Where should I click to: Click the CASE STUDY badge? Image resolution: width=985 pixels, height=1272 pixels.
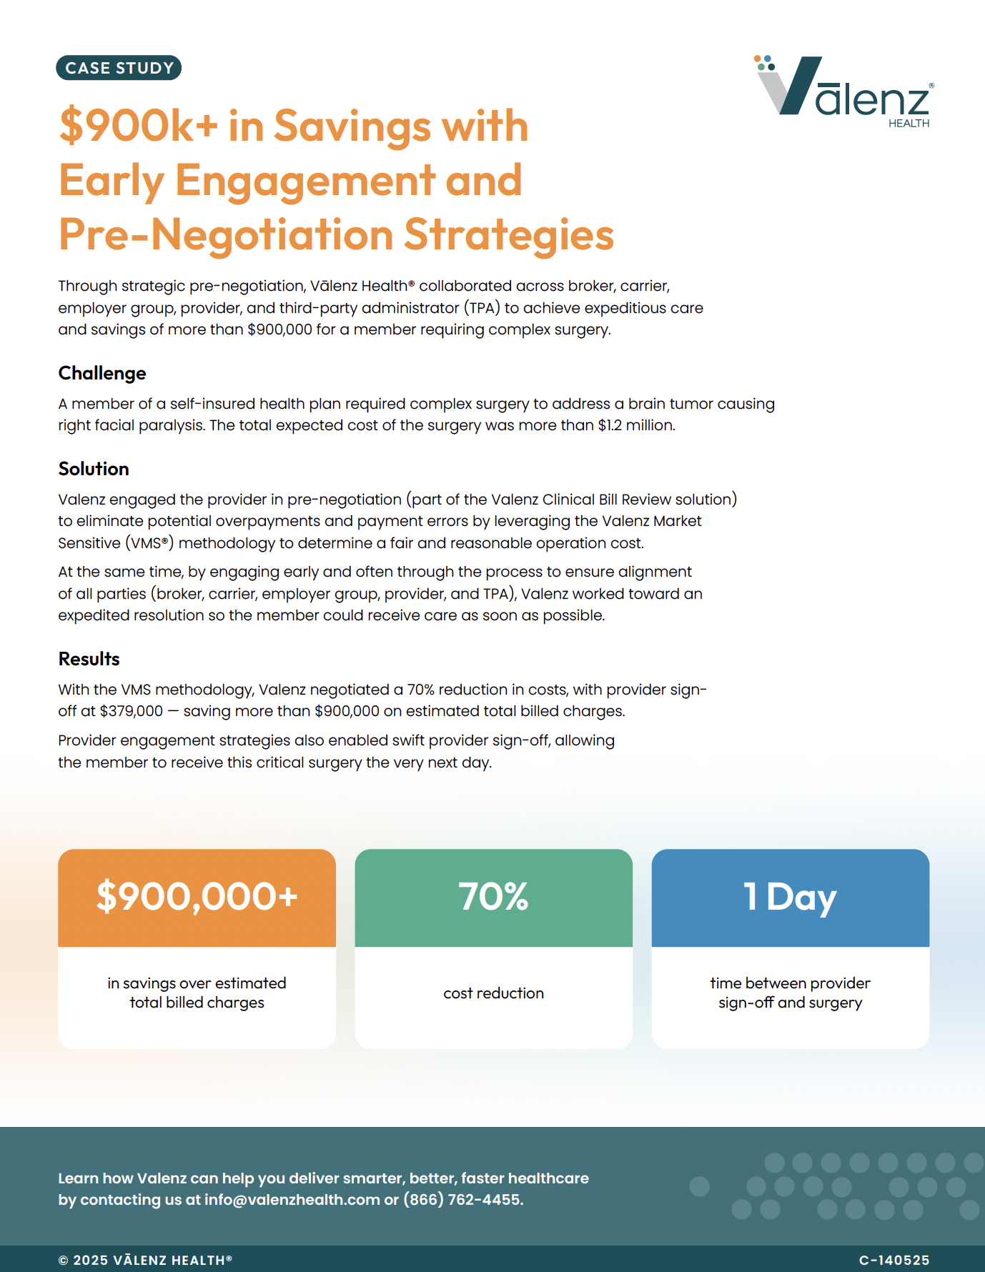[119, 68]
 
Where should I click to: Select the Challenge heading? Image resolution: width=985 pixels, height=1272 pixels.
[102, 373]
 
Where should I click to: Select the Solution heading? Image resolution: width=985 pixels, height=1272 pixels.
[94, 469]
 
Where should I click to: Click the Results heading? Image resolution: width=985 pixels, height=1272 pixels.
[89, 659]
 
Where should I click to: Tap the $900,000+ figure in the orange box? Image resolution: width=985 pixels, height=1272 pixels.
[197, 896]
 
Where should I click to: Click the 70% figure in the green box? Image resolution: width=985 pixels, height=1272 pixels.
[493, 896]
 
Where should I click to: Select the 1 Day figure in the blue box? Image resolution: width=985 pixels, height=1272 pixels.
[790, 896]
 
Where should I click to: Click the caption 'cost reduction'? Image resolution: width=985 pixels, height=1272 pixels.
[493, 993]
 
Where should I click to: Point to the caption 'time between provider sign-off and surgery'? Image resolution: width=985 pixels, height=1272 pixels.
[790, 993]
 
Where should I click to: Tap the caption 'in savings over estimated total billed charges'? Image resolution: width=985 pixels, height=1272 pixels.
[197, 993]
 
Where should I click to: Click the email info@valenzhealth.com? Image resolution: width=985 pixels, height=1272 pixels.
[292, 1200]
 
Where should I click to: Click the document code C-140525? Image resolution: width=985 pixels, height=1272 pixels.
[894, 1261]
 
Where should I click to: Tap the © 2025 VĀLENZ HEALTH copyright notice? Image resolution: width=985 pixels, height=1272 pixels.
[145, 1261]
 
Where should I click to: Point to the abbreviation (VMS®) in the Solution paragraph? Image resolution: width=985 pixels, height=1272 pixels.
[150, 543]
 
